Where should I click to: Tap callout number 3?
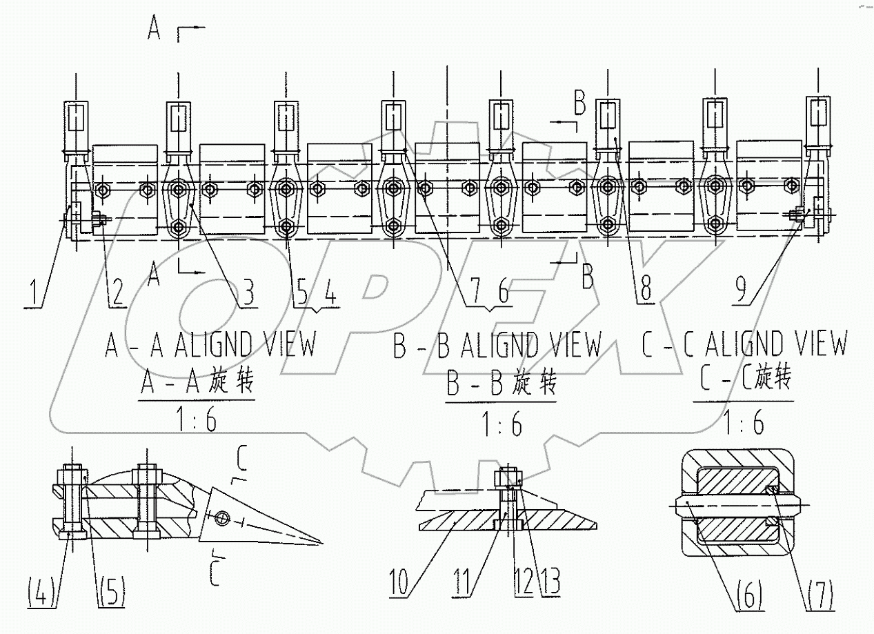point(245,292)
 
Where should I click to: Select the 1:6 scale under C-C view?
point(744,420)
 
